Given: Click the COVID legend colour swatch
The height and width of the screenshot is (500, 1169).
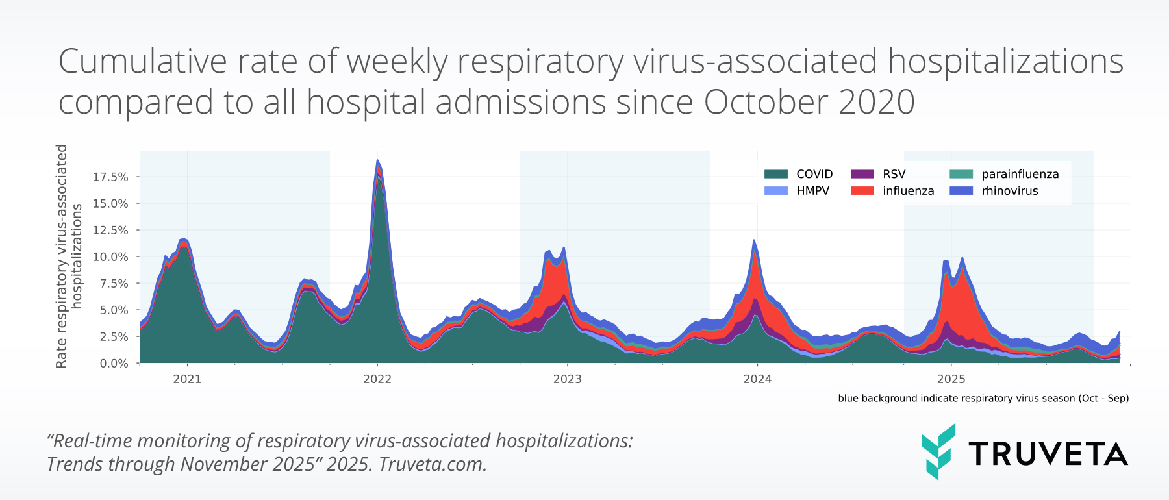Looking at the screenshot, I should click(x=775, y=174).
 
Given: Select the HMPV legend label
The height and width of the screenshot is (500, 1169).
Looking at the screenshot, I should click(x=812, y=191).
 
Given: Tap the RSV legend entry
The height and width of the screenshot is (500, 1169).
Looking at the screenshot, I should click(x=894, y=174).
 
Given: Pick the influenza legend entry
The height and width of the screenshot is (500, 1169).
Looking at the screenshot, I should click(x=908, y=191).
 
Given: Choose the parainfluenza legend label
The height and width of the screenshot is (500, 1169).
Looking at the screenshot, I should click(x=1020, y=174).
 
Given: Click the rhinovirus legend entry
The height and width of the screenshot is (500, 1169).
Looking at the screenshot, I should click(x=1009, y=191).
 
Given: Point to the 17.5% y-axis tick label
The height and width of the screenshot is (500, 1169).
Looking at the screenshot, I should click(x=110, y=177).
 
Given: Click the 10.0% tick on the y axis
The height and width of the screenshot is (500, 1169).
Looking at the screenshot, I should click(x=110, y=257).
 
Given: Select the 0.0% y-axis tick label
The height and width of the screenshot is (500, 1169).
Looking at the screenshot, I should click(x=114, y=364).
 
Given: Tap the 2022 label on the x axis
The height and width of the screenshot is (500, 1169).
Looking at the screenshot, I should click(x=377, y=379).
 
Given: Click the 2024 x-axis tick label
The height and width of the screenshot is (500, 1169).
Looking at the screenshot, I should click(x=757, y=379).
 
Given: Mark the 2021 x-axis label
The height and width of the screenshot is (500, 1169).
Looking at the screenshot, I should click(x=187, y=379).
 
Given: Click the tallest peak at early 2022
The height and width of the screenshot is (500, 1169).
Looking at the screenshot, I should click(x=377, y=160).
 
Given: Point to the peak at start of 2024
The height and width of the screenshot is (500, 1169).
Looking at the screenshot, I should click(x=754, y=240).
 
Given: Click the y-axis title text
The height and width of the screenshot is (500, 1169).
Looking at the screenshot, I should click(x=69, y=256).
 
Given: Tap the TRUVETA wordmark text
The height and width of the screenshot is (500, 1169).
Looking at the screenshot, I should click(x=1048, y=454).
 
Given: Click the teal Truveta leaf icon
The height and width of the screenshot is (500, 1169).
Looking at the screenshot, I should click(x=938, y=452).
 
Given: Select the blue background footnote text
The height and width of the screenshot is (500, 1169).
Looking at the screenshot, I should click(x=983, y=398).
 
